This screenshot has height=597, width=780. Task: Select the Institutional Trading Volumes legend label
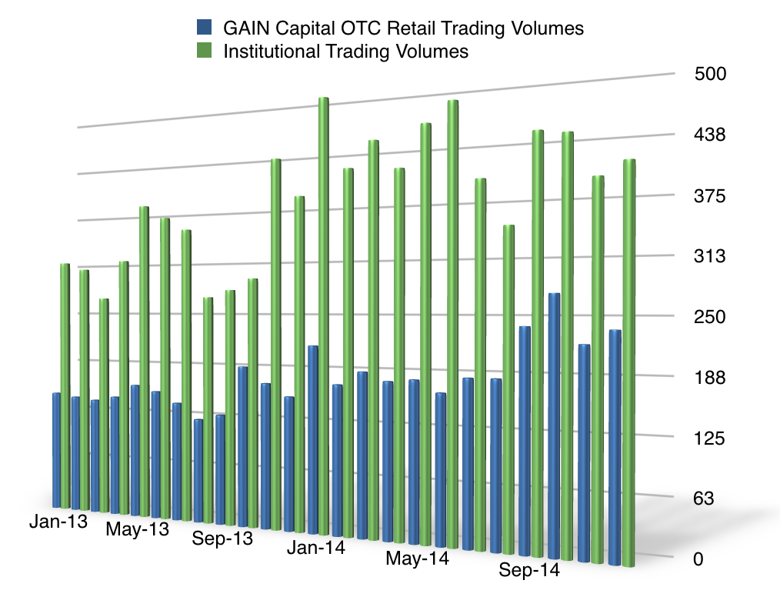tap(345, 52)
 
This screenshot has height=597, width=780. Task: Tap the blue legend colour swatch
tap(205, 28)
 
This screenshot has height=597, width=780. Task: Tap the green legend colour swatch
tap(205, 52)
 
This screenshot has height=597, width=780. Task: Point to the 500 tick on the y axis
tap(710, 75)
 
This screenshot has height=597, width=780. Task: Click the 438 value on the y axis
tap(710, 135)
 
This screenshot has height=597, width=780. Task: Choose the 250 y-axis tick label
tap(710, 317)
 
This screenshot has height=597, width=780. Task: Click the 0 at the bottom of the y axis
tap(698, 559)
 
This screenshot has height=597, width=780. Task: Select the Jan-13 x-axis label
tap(58, 521)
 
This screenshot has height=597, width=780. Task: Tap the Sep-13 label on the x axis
tap(223, 539)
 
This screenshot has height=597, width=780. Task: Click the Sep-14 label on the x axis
tap(529, 571)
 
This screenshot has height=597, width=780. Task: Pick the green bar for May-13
tap(144, 362)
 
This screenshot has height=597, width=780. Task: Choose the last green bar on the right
tap(628, 362)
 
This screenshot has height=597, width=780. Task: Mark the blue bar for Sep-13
tap(220, 469)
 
